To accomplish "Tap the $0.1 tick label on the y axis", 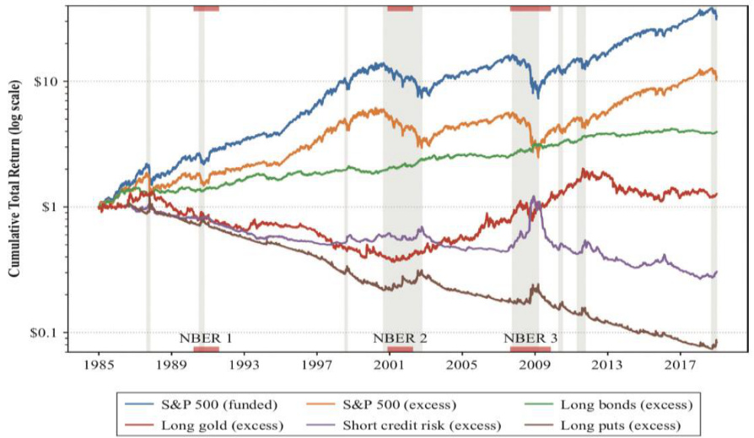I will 48,332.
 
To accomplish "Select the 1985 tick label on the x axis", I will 100,365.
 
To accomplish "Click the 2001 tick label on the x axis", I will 389,365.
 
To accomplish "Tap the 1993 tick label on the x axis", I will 245,365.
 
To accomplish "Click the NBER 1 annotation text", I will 206,339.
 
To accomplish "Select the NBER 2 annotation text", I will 400,339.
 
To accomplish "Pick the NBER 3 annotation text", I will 530,339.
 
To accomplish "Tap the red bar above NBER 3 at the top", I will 530,8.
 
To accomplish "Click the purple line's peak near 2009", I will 534,197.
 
